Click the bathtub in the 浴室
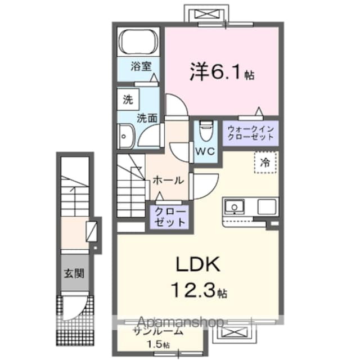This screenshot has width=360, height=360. [141, 43]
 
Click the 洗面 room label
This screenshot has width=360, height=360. [147, 118]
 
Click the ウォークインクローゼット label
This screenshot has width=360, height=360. [250, 134]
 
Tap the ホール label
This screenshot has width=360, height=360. [168, 181]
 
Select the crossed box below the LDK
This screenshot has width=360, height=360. [231, 332]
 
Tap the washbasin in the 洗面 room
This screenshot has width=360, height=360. [124, 136]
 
